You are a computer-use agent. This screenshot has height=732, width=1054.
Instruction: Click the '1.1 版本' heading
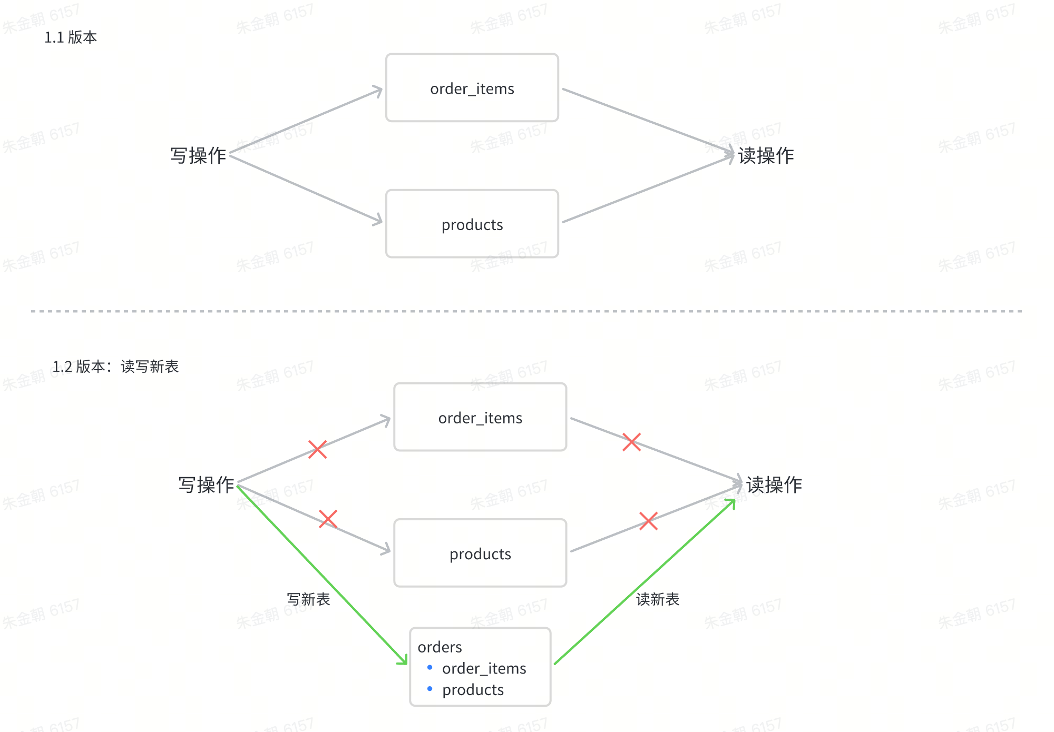click(x=71, y=37)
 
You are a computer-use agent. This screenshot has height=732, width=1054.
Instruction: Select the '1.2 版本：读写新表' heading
click(x=115, y=367)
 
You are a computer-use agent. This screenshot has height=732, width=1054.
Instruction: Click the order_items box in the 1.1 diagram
click(x=472, y=88)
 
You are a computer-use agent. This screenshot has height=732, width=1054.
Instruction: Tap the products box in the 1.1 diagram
click(x=472, y=224)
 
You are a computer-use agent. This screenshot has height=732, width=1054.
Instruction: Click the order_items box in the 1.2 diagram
click(x=480, y=417)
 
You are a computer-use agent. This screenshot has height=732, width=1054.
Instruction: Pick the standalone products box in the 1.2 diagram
click(x=480, y=553)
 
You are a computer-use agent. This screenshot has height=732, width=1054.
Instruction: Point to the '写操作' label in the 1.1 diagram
click(x=198, y=156)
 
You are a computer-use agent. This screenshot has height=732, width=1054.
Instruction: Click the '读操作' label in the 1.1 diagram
click(x=766, y=156)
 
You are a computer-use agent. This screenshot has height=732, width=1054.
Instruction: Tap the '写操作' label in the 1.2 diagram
click(x=206, y=485)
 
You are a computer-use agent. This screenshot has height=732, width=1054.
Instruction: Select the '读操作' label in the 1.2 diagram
click(x=774, y=485)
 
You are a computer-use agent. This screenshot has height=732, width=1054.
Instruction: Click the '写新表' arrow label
click(x=308, y=599)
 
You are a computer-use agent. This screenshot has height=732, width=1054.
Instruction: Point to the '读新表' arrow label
click(x=658, y=599)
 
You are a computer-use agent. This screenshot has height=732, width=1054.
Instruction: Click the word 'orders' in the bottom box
click(x=440, y=647)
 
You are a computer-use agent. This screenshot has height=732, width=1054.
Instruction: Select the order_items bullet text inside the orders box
click(x=484, y=668)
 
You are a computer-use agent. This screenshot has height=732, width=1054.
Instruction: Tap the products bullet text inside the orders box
click(x=473, y=690)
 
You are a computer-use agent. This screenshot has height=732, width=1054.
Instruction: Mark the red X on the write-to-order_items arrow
click(x=317, y=449)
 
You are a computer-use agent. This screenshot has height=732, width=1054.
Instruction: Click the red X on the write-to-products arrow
click(x=328, y=519)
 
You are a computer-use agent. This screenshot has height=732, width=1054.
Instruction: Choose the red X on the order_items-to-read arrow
click(x=631, y=442)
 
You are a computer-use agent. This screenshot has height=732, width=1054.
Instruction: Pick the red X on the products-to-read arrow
click(x=648, y=521)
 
